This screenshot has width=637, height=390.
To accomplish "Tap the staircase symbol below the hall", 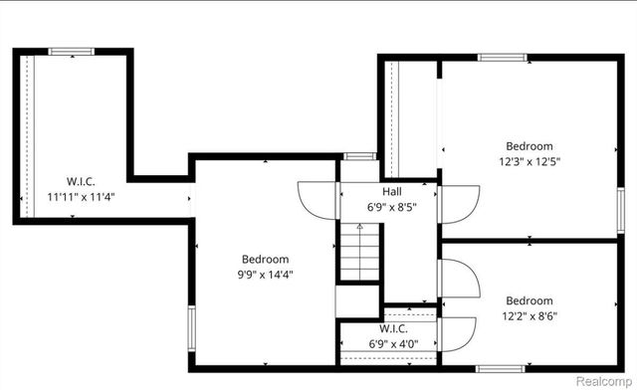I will pyautogui.click(x=359, y=253).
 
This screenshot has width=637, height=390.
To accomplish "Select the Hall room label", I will pyautogui.click(x=392, y=192).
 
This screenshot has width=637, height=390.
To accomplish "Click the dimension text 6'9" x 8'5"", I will pyautogui.click(x=392, y=208).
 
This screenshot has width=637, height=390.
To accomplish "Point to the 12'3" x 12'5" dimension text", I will pyautogui.click(x=529, y=161).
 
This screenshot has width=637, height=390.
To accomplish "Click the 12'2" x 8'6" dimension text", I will pyautogui.click(x=529, y=316).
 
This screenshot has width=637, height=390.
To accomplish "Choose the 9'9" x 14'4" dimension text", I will pyautogui.click(x=265, y=275).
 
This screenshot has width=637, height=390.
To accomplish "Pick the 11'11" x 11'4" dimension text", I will pyautogui.click(x=81, y=196).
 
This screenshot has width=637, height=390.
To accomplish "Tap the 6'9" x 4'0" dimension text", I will pyautogui.click(x=392, y=343).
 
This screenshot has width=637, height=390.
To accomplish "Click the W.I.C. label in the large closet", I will pyautogui.click(x=81, y=181).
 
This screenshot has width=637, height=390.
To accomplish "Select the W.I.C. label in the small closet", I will pyautogui.click(x=392, y=328).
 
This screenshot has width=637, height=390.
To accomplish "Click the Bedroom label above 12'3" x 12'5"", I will pyautogui.click(x=529, y=145).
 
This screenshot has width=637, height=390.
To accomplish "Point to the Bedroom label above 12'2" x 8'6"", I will pyautogui.click(x=529, y=300).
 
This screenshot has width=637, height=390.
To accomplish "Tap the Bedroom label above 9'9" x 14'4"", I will pyautogui.click(x=265, y=259).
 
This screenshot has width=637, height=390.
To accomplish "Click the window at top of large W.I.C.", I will pyautogui.click(x=72, y=52).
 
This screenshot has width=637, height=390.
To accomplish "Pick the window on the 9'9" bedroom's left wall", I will pyautogui.click(x=191, y=325).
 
